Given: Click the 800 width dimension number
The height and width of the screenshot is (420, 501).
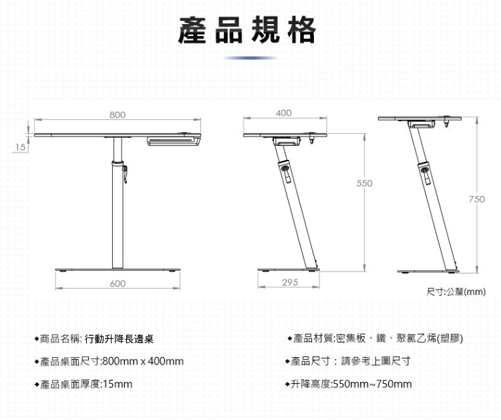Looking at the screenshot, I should click(117, 114).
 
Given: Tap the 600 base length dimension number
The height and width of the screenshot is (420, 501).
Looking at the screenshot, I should click(117, 284).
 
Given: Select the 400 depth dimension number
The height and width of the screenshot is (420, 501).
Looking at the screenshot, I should click(283, 112).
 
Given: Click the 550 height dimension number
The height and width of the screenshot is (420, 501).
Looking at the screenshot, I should click(363, 183).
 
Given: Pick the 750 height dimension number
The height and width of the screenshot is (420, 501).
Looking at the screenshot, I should click(476, 199).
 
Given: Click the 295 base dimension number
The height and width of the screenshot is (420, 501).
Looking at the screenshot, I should click(289, 283).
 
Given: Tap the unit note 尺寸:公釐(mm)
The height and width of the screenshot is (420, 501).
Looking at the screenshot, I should click(456, 292).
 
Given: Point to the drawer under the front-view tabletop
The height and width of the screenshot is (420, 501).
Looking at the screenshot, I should click(173, 140).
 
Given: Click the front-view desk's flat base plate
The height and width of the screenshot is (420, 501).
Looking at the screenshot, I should click(118, 269).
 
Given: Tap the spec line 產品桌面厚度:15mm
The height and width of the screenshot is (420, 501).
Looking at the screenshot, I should click(86, 384).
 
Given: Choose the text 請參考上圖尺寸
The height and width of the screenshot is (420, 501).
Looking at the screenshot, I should click(375, 362).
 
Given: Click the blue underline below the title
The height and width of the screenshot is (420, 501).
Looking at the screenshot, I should click(250, 58).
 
